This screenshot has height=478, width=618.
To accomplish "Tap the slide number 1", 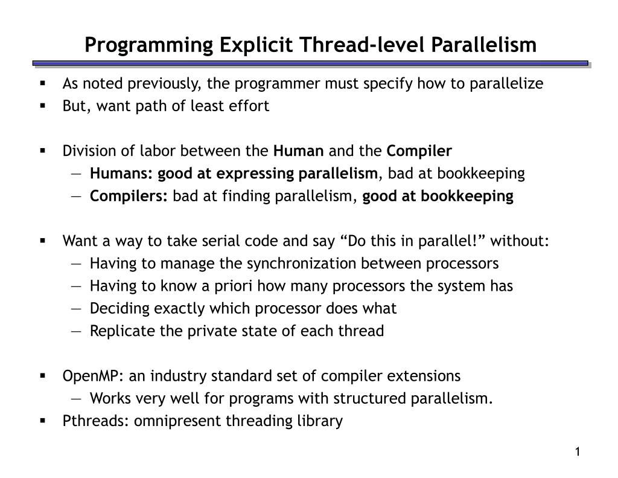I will pyautogui.click(x=578, y=452).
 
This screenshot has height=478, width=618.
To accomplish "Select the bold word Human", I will pyautogui.click(x=299, y=150).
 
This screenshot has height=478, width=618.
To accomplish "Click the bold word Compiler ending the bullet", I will pyautogui.click(x=419, y=150).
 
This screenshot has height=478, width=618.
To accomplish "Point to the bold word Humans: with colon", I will pyautogui.click(x=122, y=174).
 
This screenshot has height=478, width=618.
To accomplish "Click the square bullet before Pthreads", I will pyautogui.click(x=43, y=421).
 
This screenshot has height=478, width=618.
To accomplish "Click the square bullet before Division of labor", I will pyautogui.click(x=43, y=150).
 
